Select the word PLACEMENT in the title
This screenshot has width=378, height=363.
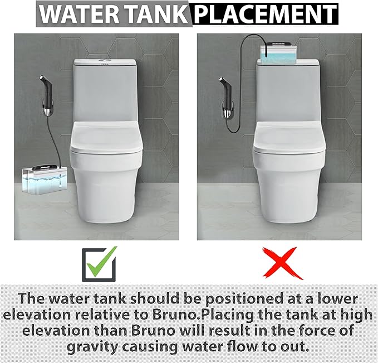click(264, 14)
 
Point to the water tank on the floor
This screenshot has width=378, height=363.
click(44, 179)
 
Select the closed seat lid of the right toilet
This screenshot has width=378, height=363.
click(289, 137)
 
